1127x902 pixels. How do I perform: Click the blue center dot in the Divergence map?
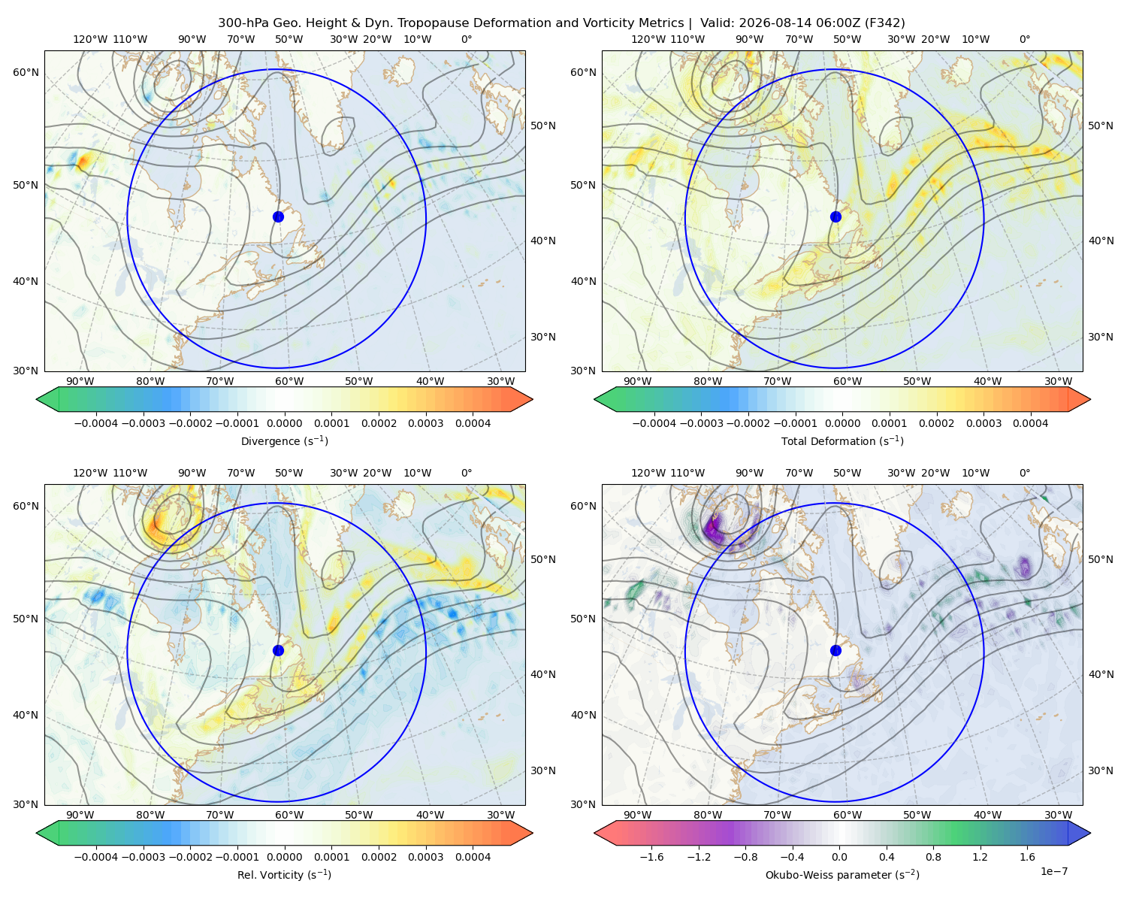pos(278,216)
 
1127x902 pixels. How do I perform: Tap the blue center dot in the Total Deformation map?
pos(835,216)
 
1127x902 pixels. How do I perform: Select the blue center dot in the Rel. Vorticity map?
pos(278,650)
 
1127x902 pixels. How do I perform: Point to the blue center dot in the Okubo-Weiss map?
pos(835,650)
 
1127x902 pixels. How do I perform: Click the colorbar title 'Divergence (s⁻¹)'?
pos(284,440)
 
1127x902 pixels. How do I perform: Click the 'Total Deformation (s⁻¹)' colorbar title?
pos(842,440)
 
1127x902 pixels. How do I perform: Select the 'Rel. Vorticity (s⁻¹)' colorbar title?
pos(284,874)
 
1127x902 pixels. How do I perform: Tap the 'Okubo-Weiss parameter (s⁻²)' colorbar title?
pos(842,874)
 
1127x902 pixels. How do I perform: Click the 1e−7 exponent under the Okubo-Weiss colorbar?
pos(1053,871)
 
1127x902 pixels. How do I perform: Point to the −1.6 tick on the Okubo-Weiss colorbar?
pos(651,857)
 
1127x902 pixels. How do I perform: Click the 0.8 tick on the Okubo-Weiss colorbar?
pos(933,857)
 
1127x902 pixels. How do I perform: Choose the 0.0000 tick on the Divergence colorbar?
pos(284,423)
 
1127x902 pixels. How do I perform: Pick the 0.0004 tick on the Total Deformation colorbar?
pos(1031,423)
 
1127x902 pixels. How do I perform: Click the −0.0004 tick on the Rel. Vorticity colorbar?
pos(96,857)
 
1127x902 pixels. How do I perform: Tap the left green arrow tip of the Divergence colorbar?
pos(37,399)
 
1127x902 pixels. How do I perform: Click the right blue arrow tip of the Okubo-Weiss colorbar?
pos(1090,833)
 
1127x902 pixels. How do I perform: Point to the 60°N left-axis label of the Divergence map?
pos(26,72)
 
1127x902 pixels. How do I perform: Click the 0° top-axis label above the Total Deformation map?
pos(1024,39)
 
